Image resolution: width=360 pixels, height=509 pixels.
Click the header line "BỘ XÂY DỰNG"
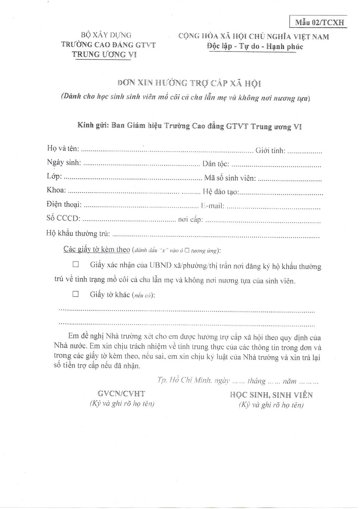click(106, 35)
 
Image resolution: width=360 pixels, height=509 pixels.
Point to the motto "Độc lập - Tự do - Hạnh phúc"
click(255, 46)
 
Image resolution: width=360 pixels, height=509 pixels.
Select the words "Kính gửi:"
click(93, 125)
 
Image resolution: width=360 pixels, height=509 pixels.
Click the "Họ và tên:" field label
click(63, 148)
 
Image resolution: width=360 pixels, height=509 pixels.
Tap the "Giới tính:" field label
click(271, 150)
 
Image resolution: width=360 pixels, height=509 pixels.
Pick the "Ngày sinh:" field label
click(64, 162)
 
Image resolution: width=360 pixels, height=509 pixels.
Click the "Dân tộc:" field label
click(216, 164)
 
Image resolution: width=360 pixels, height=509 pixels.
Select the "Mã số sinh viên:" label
click(230, 178)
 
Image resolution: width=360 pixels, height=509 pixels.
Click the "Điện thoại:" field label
click(64, 205)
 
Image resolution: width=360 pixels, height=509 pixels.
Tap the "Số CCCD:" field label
click(63, 218)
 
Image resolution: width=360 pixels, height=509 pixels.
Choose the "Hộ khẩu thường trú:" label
click(78, 233)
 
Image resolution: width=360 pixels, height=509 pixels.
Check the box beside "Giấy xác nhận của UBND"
click(75, 264)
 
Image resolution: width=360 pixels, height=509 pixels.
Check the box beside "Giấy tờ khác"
click(75, 294)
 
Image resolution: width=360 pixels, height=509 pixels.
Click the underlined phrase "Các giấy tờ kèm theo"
click(97, 249)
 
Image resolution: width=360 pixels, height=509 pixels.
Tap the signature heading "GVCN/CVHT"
click(121, 394)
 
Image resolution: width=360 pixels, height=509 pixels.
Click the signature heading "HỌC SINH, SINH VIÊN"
click(271, 395)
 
